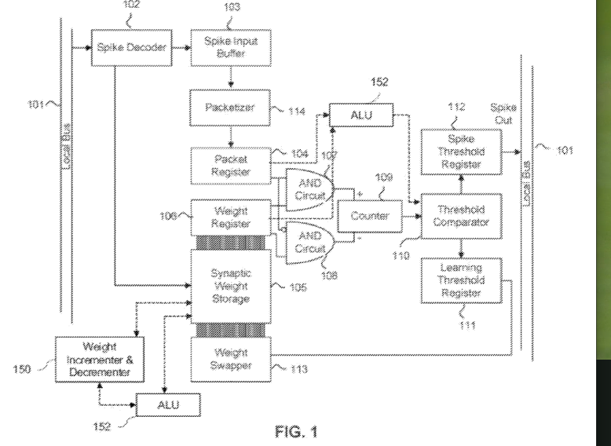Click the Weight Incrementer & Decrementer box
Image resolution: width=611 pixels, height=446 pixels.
(x=93, y=359)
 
